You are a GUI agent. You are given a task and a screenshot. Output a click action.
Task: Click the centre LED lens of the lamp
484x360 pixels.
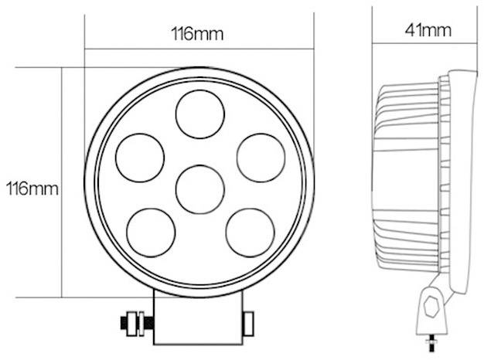tap(199, 188)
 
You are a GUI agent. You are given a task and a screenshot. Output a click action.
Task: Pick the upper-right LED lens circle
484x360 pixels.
tap(259, 155)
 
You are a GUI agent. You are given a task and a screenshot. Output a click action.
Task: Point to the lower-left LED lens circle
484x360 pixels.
tap(148, 230)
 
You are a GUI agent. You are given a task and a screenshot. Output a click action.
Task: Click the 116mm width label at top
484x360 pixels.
tap(197, 34)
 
